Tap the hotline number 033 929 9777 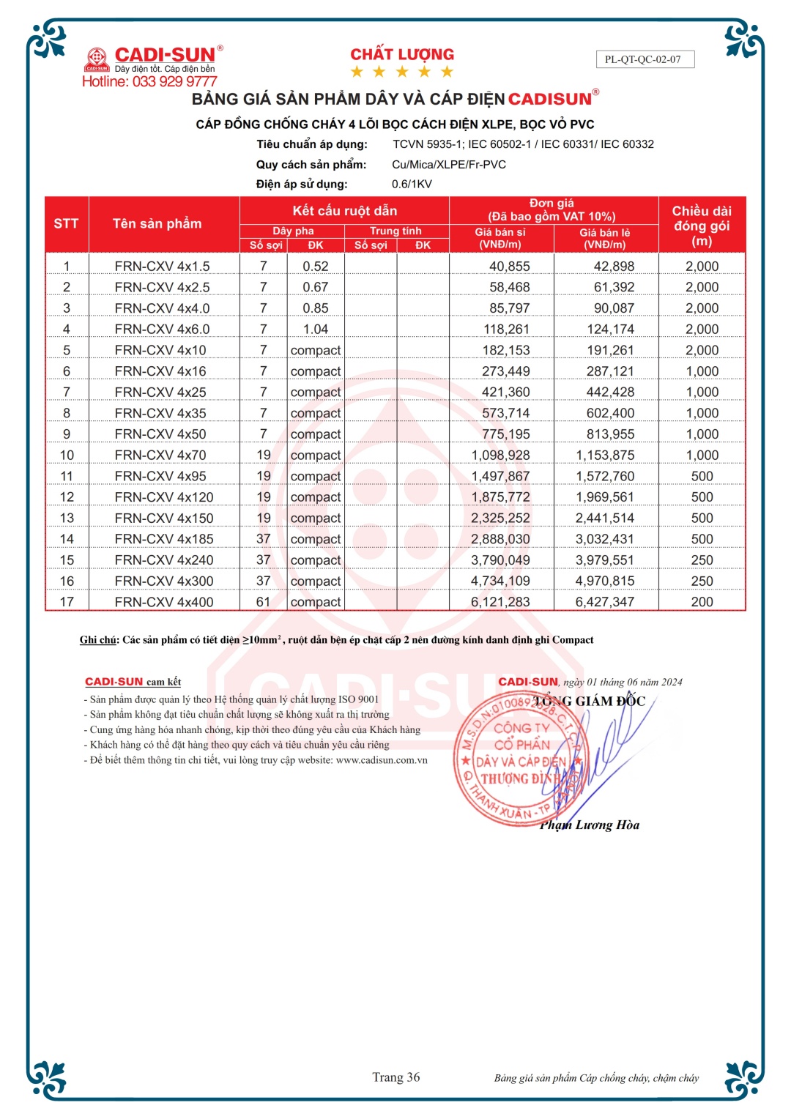click(x=174, y=81)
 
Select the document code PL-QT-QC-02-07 click(x=642, y=59)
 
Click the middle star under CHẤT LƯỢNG click(x=401, y=72)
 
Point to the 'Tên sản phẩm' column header click(x=157, y=223)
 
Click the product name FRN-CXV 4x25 click(x=160, y=392)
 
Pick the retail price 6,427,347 click(x=604, y=601)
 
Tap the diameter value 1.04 click(x=315, y=329)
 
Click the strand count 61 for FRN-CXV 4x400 click(x=263, y=601)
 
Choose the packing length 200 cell click(x=702, y=601)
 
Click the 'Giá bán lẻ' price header click(x=605, y=238)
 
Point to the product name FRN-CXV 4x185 click(x=164, y=539)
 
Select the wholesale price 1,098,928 click(x=500, y=455)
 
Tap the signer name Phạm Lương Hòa click(x=590, y=825)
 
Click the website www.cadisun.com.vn click(x=382, y=759)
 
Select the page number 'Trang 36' click(x=395, y=1077)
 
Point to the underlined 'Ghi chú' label click(x=98, y=639)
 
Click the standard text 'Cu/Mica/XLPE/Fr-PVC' click(x=449, y=164)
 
